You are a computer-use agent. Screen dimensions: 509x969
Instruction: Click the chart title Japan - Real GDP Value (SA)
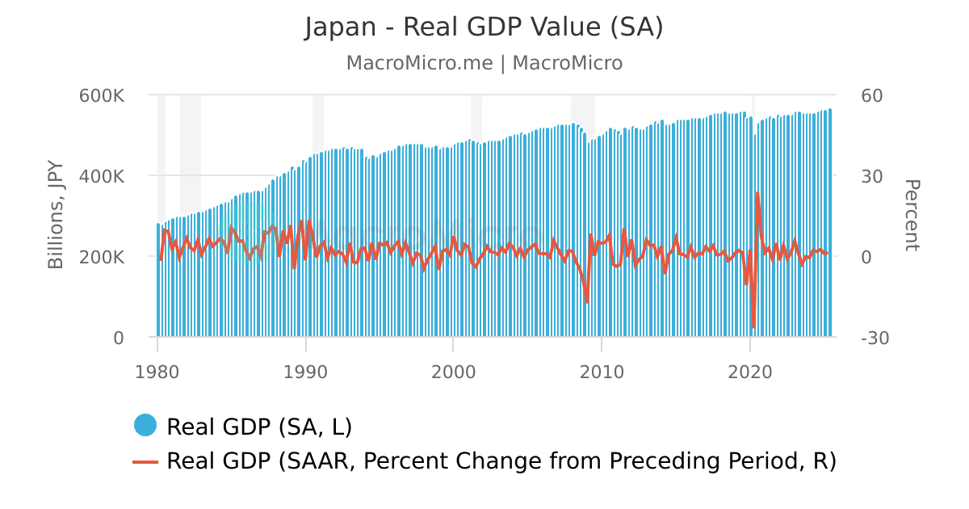[x=484, y=27]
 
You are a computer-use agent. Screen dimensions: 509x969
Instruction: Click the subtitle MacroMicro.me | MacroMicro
[x=484, y=63]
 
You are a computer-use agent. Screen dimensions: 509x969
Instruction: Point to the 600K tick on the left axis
[x=102, y=95]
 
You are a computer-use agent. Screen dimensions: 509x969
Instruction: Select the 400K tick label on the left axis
[x=102, y=176]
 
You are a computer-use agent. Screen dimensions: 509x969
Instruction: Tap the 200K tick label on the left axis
[x=102, y=257]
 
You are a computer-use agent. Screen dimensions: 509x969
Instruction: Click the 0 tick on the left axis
[x=118, y=338]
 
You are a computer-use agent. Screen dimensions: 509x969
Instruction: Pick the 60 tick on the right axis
[x=872, y=95]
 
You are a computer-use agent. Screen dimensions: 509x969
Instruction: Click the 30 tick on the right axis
[x=872, y=176]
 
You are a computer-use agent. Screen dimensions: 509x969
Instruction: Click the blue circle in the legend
[x=145, y=425]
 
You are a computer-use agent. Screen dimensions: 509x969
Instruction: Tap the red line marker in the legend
[x=145, y=461]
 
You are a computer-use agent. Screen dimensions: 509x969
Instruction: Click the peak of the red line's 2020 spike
[x=757, y=193]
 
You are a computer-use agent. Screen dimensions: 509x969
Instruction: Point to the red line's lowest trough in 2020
[x=753, y=327]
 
